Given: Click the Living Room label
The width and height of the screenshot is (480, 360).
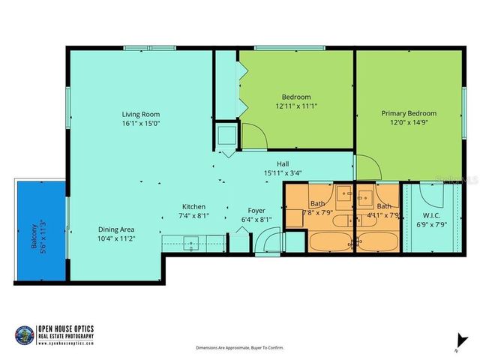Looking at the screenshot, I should (141, 114).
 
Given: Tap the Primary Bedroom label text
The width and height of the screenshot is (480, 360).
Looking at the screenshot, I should (409, 113).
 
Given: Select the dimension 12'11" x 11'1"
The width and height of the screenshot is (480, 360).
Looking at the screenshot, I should (295, 106).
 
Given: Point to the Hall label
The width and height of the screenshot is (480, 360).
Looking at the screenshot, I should (283, 164).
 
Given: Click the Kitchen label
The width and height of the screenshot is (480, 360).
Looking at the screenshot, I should (193, 207).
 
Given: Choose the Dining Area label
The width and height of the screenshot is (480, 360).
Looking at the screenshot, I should (116, 229).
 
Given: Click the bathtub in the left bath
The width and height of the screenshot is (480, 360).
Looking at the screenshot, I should (331, 242).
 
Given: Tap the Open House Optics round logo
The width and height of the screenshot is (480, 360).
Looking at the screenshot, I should (25, 334).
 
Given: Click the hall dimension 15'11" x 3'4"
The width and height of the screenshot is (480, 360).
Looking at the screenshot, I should (283, 173).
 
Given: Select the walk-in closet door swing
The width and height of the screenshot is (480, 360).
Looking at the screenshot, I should (430, 193).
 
